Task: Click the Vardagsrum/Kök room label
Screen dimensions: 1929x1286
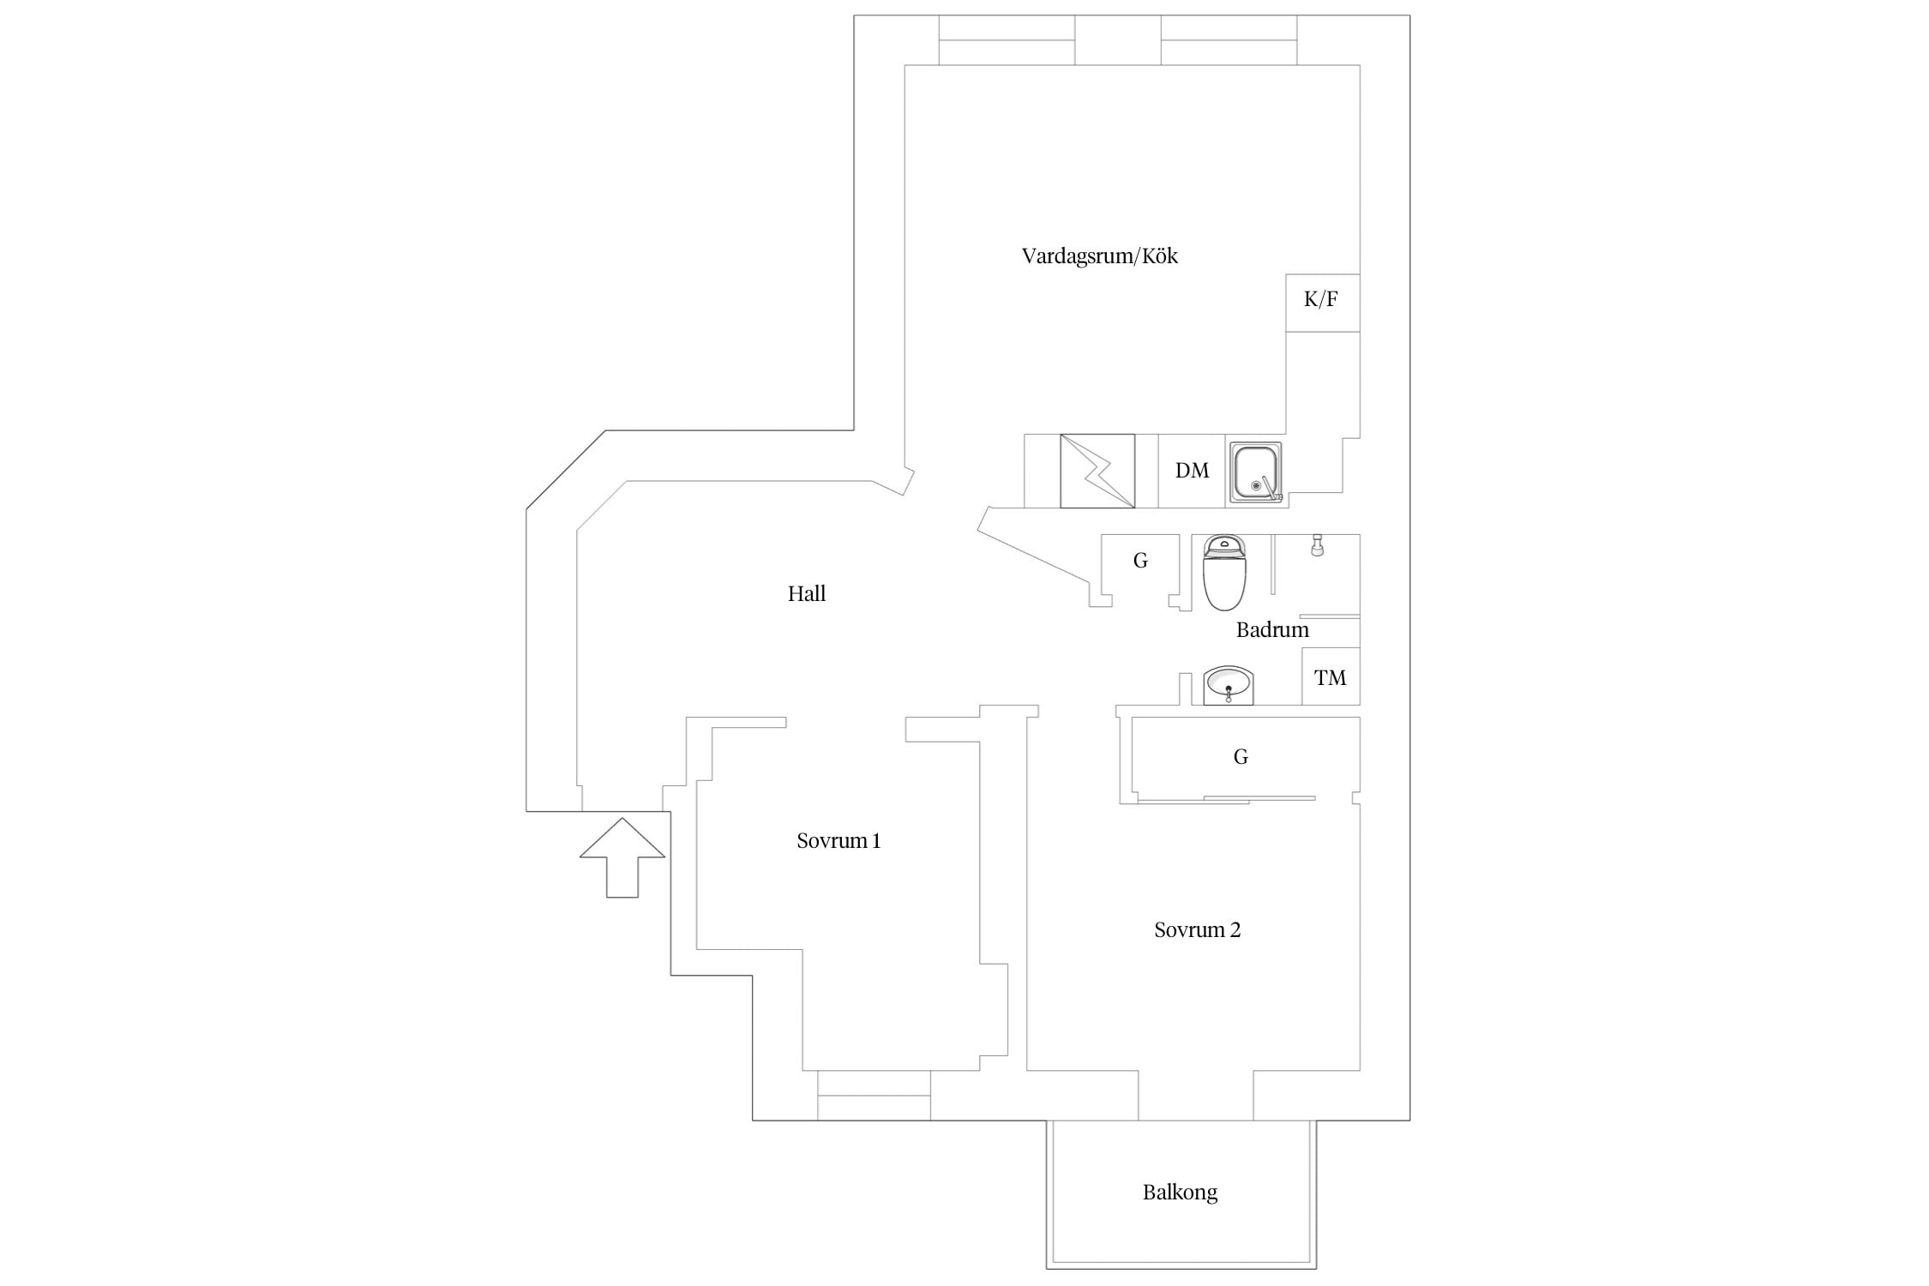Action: click(1099, 256)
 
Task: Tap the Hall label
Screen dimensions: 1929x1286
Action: click(807, 593)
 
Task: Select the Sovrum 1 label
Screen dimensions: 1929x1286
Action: click(838, 841)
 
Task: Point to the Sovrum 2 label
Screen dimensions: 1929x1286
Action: click(1197, 930)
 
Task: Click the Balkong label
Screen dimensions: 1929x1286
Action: click(1180, 1193)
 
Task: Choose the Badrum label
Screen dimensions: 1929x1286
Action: click(1272, 630)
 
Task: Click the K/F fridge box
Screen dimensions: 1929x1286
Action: click(1322, 303)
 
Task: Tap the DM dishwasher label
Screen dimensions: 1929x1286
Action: click(1192, 471)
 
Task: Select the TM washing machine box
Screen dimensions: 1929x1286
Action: click(1331, 676)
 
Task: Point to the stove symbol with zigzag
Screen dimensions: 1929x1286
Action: click(1097, 471)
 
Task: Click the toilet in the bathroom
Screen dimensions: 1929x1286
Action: click(1224, 572)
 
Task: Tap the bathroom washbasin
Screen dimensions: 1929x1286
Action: click(1229, 685)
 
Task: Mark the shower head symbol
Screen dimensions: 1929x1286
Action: click(1318, 545)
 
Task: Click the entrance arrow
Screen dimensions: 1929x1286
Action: click(622, 857)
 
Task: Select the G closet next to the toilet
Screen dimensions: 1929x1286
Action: click(1140, 566)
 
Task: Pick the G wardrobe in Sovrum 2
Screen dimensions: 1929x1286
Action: click(1241, 757)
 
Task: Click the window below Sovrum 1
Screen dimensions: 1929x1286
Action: click(874, 1096)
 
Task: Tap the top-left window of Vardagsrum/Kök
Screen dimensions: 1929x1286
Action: click(1007, 40)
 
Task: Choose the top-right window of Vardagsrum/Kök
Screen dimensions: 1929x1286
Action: click(1229, 40)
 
